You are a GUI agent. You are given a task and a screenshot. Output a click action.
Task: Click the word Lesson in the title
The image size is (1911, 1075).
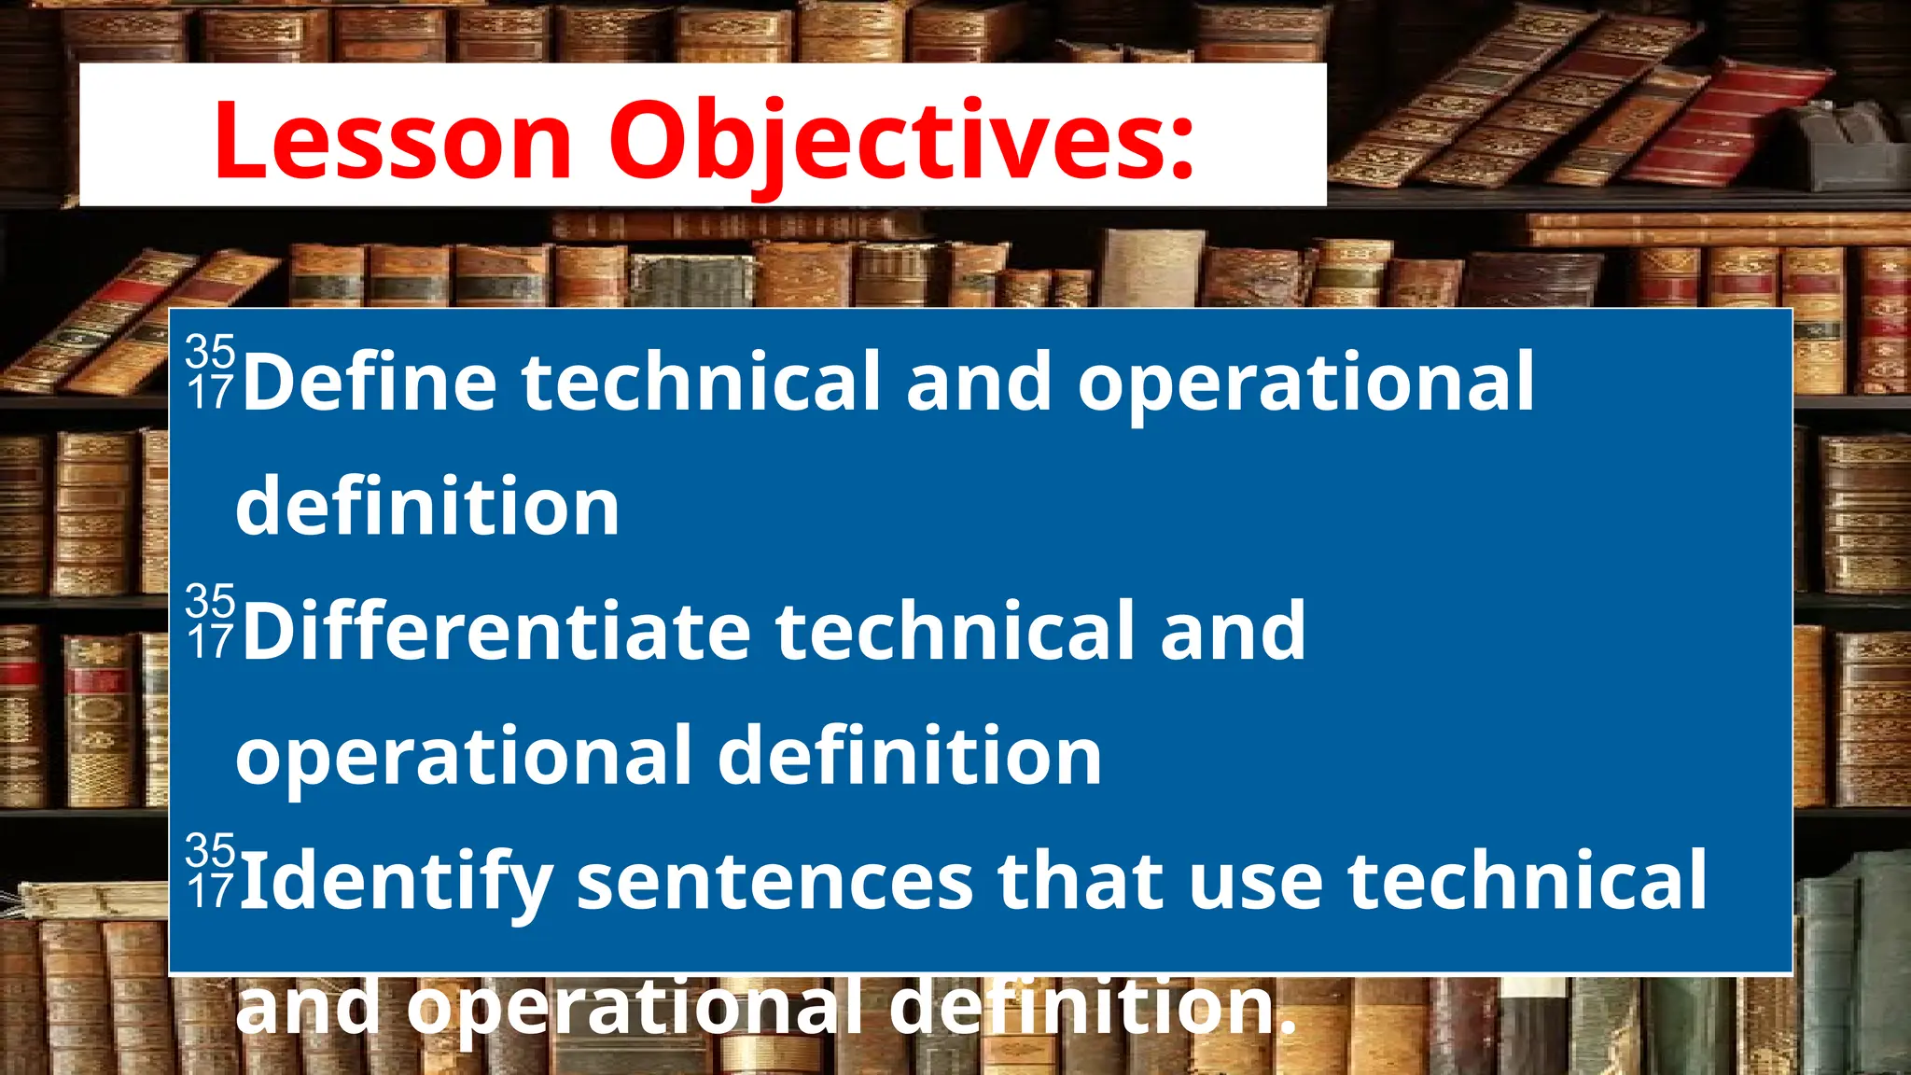click(392, 140)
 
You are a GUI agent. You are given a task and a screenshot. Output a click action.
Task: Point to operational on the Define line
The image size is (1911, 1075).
click(1305, 383)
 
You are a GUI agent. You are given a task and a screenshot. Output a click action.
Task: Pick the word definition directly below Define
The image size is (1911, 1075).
click(427, 506)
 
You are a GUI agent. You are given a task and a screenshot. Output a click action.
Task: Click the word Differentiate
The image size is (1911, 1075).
click(495, 631)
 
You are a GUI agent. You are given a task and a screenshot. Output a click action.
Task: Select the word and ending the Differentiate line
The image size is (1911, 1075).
click(1232, 631)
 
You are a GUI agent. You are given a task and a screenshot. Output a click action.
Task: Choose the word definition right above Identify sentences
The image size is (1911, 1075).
click(910, 756)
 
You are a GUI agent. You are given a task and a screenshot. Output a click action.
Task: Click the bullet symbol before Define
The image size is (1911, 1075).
click(210, 371)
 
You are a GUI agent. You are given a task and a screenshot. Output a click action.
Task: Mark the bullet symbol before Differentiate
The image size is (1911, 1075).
click(210, 621)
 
